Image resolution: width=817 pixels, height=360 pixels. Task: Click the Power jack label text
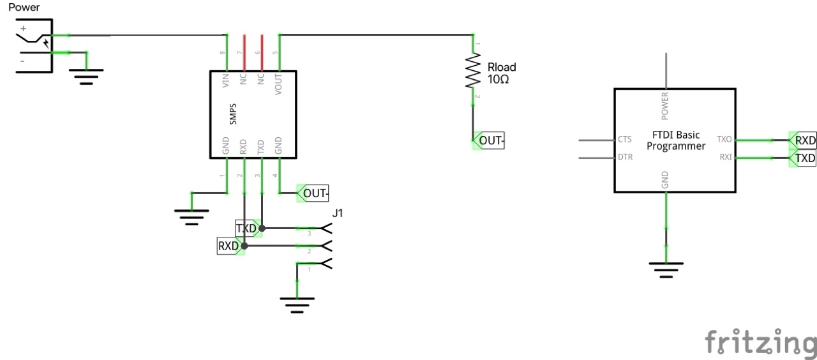point(24,8)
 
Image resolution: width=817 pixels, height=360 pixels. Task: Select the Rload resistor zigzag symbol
point(473,71)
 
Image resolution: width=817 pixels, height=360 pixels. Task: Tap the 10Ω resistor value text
point(498,80)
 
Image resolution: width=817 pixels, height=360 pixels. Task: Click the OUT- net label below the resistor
point(490,141)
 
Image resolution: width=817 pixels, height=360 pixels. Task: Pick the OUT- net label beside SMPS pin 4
point(315,193)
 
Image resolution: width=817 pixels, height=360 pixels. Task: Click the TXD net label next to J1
point(246,228)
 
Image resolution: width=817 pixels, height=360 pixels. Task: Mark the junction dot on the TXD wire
point(262,228)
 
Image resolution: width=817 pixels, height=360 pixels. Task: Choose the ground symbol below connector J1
point(297,304)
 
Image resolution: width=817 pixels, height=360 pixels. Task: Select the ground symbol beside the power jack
point(87,77)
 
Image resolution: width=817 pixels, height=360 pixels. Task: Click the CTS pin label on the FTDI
point(625,139)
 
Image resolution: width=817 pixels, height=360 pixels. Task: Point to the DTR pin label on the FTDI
point(626,157)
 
